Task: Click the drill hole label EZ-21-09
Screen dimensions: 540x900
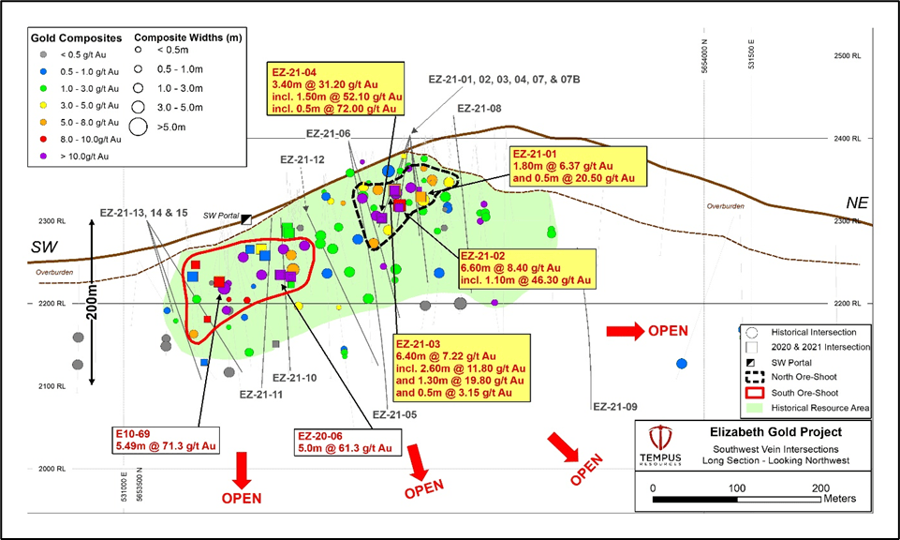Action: pos(615,407)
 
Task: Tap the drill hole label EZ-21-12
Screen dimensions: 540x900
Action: pos(302,160)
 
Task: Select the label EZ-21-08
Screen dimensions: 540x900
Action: pos(480,109)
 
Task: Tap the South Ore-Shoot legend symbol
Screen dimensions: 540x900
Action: pos(752,392)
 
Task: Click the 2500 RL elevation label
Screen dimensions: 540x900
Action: pos(848,56)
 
